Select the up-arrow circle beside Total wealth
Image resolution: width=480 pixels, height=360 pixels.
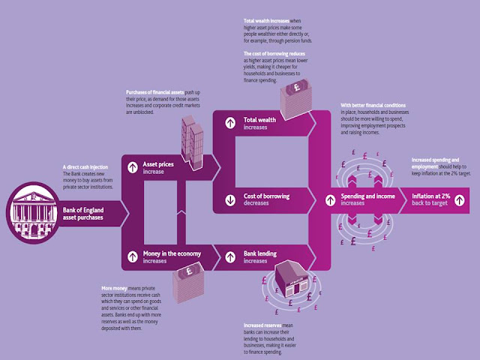(229, 121)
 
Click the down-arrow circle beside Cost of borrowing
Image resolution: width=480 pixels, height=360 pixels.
(229, 200)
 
